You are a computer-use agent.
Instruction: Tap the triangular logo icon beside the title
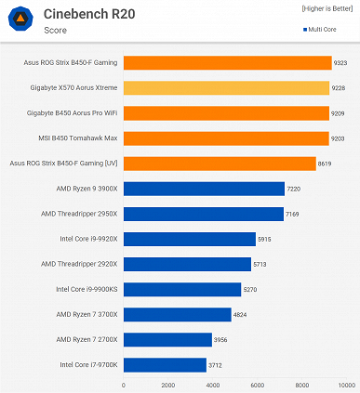point(20,22)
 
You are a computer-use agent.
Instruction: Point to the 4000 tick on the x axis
point(213,385)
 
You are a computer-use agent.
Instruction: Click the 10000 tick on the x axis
point(347,385)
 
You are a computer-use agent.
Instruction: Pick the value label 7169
point(299,213)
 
